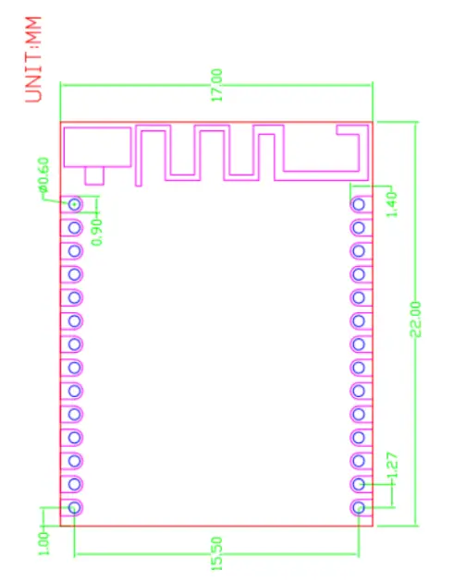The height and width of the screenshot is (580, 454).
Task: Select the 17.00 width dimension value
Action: [x=217, y=84]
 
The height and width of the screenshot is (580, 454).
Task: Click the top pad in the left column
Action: [x=74, y=203]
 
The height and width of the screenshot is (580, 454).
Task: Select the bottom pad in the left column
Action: [x=74, y=507]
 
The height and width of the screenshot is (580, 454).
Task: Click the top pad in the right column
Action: [x=359, y=203]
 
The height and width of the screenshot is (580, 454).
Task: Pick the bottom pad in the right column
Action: [x=359, y=507]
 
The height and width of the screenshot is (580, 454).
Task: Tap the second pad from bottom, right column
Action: [x=359, y=484]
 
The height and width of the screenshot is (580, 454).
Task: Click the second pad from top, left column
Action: [x=74, y=226]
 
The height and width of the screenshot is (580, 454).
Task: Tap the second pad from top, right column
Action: [x=359, y=226]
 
